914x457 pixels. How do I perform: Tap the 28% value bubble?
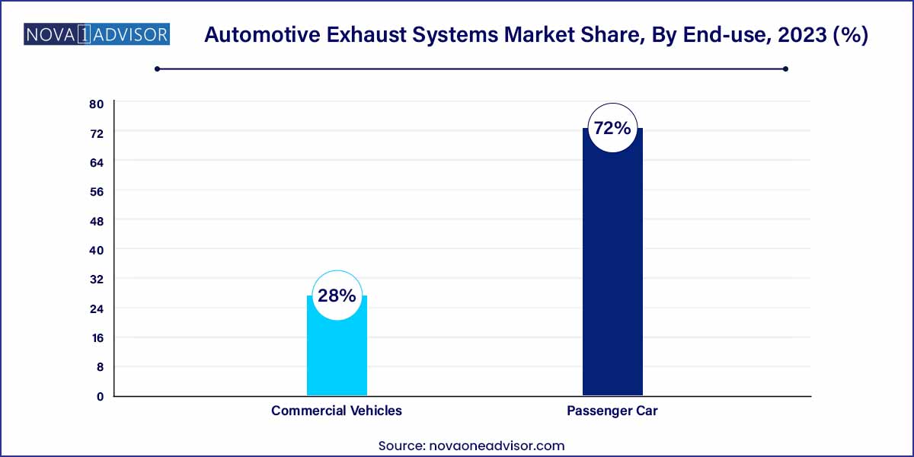click(x=337, y=296)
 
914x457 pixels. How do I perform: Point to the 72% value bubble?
click(x=612, y=128)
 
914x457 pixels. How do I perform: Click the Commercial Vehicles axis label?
click(x=337, y=411)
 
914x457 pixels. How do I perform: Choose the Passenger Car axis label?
click(x=612, y=411)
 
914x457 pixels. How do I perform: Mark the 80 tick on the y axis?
click(x=97, y=104)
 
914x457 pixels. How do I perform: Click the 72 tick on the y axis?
click(x=97, y=133)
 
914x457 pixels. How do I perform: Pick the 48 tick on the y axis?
click(x=97, y=221)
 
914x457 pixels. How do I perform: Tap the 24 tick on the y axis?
click(x=97, y=308)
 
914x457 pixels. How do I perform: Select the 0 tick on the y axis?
click(x=100, y=396)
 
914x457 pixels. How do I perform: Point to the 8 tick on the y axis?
click(x=100, y=366)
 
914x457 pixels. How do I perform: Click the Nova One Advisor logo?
click(x=97, y=34)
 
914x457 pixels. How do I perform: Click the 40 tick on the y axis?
click(x=97, y=250)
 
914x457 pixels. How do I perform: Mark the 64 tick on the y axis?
click(x=97, y=162)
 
